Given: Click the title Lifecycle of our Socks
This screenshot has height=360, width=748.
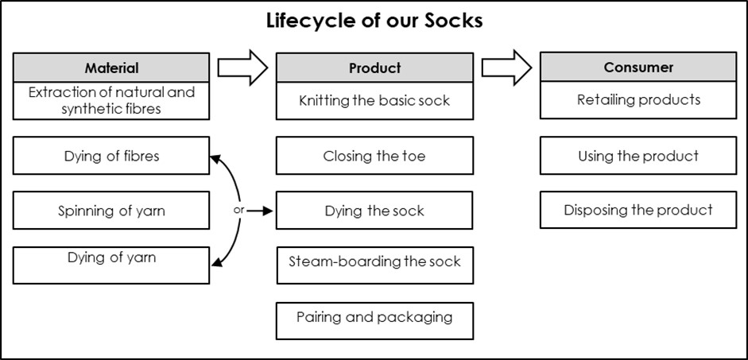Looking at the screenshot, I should pyautogui.click(x=374, y=21).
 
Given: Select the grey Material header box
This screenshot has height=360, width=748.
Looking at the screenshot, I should pyautogui.click(x=111, y=68).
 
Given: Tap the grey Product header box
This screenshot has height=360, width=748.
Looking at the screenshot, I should pyautogui.click(x=374, y=68).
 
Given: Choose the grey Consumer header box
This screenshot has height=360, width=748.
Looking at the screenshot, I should pyautogui.click(x=638, y=67).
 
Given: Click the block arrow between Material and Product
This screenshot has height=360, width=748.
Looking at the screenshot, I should pyautogui.click(x=242, y=67).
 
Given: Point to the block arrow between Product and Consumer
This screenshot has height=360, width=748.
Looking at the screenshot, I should pyautogui.click(x=506, y=67).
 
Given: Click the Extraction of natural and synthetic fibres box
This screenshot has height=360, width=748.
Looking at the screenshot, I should pyautogui.click(x=111, y=101).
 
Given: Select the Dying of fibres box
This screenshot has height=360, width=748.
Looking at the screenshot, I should pyautogui.click(x=111, y=156).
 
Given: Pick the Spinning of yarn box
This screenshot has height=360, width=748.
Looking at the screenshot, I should pyautogui.click(x=111, y=211).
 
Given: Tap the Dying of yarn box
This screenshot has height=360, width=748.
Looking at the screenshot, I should pyautogui.click(x=111, y=265).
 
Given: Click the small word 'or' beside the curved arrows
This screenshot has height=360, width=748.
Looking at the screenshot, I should pyautogui.click(x=238, y=211).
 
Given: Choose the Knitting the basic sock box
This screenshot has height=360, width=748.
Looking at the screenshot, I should pyautogui.click(x=374, y=101).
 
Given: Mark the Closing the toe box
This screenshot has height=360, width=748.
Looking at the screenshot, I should pyautogui.click(x=374, y=156).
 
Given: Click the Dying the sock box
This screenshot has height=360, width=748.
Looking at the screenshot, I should pyautogui.click(x=374, y=211).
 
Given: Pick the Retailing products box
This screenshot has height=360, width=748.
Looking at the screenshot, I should pyautogui.click(x=638, y=100).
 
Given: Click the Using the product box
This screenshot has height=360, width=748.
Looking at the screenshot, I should pyautogui.click(x=638, y=156).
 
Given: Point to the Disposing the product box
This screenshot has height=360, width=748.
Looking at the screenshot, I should pyautogui.click(x=638, y=211).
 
